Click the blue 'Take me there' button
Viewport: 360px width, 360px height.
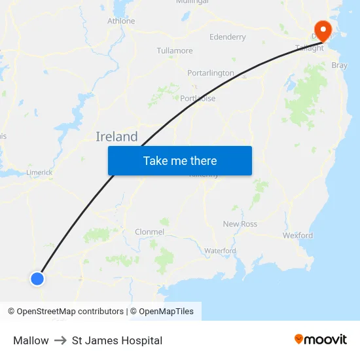click(x=180, y=161)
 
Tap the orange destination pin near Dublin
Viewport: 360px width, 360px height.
click(x=323, y=29)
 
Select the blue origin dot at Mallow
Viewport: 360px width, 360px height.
click(x=37, y=278)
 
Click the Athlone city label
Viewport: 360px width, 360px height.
click(x=121, y=22)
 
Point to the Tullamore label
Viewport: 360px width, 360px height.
click(x=175, y=51)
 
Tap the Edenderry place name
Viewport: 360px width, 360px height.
click(x=228, y=37)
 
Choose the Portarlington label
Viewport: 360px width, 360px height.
click(x=211, y=73)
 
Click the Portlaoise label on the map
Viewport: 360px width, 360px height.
click(x=198, y=99)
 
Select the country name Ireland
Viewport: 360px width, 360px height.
click(x=117, y=137)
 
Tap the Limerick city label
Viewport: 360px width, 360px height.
click(x=39, y=173)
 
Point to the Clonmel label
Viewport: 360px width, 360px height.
click(x=149, y=232)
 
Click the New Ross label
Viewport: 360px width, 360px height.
click(x=240, y=224)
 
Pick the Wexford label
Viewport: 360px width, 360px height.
click(x=298, y=236)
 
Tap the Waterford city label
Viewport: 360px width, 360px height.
click(x=220, y=251)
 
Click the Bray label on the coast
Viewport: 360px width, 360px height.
click(x=340, y=65)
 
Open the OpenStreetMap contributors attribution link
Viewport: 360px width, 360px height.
click(x=70, y=312)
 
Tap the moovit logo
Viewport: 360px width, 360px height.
click(x=321, y=340)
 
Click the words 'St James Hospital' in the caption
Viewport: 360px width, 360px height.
click(x=117, y=340)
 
